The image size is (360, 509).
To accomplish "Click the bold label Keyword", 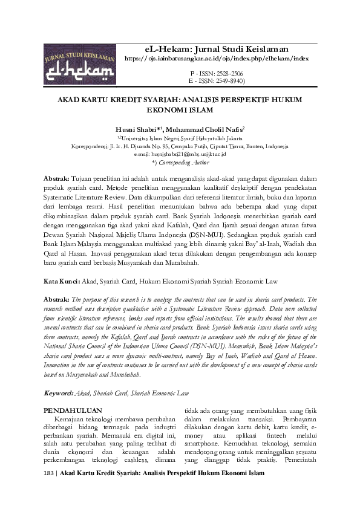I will tap(58, 393).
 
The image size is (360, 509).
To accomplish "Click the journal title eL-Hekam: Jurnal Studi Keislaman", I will tap(215, 48).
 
